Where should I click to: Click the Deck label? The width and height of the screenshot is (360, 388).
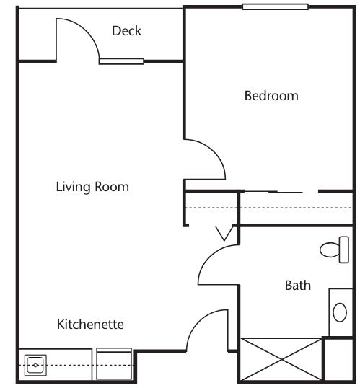pyautogui.click(x=126, y=31)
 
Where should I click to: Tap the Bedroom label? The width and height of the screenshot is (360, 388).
pyautogui.click(x=271, y=96)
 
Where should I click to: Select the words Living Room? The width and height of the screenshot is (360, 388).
pyautogui.click(x=92, y=187)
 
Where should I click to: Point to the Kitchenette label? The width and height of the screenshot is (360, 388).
pyautogui.click(x=90, y=324)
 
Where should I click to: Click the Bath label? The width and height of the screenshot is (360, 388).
pyautogui.click(x=298, y=286)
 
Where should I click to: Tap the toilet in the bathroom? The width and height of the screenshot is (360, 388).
pyautogui.click(x=335, y=250)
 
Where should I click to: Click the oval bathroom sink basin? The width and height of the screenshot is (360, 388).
pyautogui.click(x=340, y=312)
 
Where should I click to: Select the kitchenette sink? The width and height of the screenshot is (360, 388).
pyautogui.click(x=35, y=365)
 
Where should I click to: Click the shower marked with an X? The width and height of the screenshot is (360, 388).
pyautogui.click(x=281, y=359)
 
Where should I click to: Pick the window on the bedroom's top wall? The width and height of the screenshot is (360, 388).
pyautogui.click(x=276, y=6)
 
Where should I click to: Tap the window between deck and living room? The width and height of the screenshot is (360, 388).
pyautogui.click(x=122, y=61)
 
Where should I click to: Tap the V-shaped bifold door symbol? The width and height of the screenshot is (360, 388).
pyautogui.click(x=224, y=234)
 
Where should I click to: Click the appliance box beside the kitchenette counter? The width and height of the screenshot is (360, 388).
pyautogui.click(x=114, y=363)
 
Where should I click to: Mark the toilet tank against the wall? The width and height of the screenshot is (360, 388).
pyautogui.click(x=344, y=250)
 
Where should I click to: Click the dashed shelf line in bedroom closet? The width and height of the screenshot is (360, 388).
pyautogui.click(x=269, y=208)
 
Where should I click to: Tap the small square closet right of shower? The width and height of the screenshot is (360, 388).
pyautogui.click(x=338, y=359)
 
